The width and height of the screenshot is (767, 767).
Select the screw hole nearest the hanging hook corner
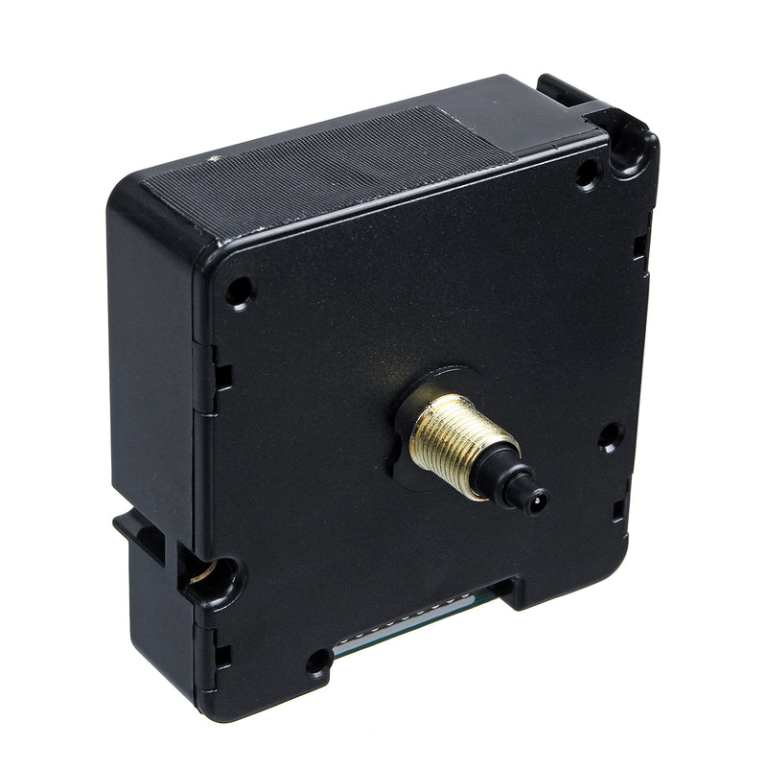[587, 173]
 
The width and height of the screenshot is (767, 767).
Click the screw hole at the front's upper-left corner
[239, 291]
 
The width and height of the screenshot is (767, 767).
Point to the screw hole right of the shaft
[610, 436]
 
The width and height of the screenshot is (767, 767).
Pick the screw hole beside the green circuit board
[317, 661]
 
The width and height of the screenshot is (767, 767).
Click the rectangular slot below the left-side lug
[222, 656]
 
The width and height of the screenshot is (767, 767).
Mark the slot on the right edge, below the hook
[639, 247]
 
